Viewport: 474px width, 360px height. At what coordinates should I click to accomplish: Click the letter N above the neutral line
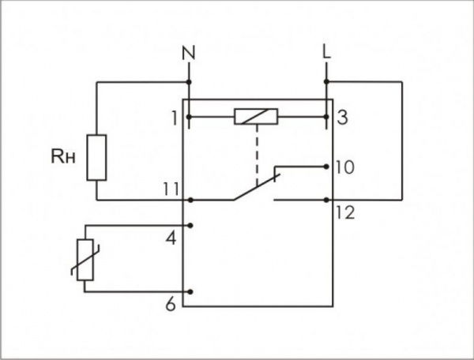(189, 53)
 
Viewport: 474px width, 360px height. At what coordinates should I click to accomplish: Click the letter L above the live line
(327, 52)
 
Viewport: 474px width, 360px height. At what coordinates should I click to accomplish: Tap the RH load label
(63, 157)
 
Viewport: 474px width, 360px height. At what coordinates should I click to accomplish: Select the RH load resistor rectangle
(96, 158)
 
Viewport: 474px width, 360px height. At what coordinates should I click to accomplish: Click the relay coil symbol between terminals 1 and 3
(256, 117)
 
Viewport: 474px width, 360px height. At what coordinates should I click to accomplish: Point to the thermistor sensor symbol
(85, 260)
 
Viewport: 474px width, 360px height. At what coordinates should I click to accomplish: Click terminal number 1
(175, 118)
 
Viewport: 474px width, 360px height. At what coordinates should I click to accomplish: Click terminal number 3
(342, 118)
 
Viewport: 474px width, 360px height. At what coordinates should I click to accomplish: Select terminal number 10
(344, 167)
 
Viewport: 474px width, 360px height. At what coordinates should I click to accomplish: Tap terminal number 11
(171, 189)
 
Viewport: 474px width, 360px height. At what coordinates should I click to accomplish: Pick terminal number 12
(345, 212)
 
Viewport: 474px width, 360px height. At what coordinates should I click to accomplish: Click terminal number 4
(171, 238)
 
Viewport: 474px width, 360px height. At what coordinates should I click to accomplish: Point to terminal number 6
(171, 305)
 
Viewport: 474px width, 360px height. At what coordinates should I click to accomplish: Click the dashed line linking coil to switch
(257, 155)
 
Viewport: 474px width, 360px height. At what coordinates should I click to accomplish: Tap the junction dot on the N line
(189, 82)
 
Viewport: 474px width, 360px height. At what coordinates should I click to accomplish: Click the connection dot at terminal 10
(325, 167)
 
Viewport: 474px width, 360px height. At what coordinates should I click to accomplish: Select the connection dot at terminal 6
(190, 292)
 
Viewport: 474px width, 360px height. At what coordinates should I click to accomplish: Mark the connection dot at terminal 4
(190, 225)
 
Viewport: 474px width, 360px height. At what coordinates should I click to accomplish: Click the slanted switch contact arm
(256, 186)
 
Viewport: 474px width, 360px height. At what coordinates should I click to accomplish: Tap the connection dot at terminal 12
(325, 200)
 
